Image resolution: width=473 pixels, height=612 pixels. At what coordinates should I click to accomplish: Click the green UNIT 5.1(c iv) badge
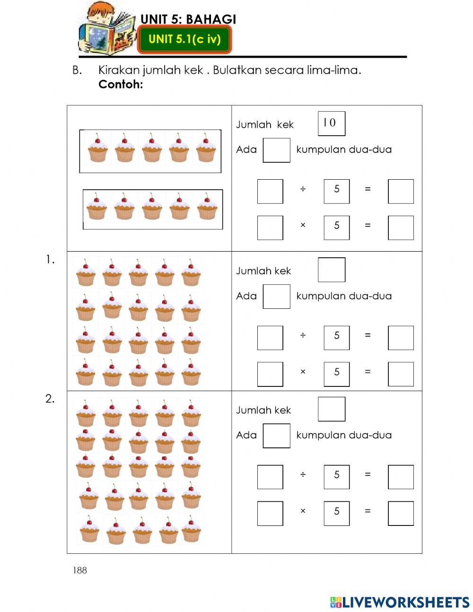[184, 39]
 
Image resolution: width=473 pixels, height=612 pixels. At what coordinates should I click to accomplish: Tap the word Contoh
[120, 85]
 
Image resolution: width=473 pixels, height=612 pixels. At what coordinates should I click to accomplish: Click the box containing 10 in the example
[331, 123]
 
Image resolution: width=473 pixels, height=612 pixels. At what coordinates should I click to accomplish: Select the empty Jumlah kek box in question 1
[331, 270]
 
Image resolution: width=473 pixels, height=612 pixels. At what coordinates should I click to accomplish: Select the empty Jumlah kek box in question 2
[331, 409]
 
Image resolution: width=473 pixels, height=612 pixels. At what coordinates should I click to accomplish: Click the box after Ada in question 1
[276, 297]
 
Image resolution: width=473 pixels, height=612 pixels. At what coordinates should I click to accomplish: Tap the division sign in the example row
[303, 189]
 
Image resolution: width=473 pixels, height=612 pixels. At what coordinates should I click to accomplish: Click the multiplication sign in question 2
[303, 511]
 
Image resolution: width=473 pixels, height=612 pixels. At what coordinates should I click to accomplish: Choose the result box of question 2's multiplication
[401, 514]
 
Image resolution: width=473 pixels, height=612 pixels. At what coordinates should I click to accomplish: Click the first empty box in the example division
[270, 192]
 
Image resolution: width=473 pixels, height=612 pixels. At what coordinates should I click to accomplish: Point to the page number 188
[80, 570]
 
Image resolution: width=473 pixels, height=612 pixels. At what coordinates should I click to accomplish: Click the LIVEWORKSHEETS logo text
[406, 602]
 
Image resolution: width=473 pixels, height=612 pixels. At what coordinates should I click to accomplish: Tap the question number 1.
[50, 259]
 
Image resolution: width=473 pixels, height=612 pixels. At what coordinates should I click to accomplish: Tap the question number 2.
[50, 399]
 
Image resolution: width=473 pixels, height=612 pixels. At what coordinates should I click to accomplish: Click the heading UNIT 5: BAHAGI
[188, 19]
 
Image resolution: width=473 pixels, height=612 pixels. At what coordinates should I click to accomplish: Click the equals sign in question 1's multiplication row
[368, 372]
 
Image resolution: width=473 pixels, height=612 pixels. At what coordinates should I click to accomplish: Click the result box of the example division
[401, 192]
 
